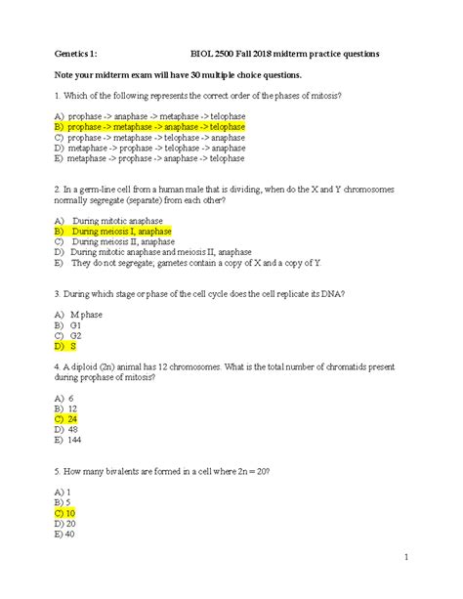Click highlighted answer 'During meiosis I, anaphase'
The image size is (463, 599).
pos(113,232)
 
